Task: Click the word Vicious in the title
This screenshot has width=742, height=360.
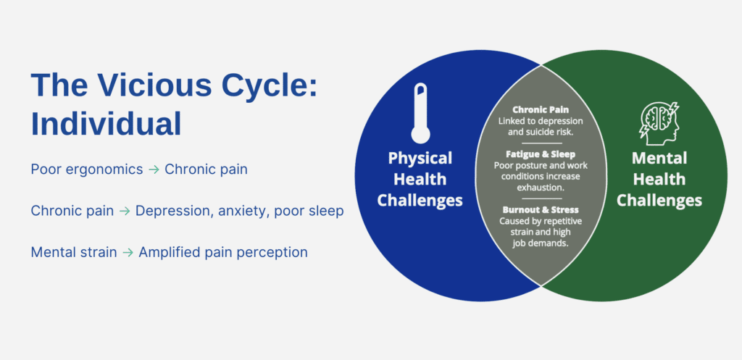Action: tap(146, 85)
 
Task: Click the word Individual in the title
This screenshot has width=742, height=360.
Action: tap(107, 124)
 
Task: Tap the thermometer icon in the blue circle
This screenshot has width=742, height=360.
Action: tap(420, 113)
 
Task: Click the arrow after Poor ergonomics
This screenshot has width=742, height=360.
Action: tap(154, 169)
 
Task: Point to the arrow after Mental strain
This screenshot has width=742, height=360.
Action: tap(128, 253)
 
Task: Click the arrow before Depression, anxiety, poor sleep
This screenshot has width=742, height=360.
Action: tap(125, 211)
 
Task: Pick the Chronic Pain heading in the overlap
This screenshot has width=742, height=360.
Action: tap(541, 110)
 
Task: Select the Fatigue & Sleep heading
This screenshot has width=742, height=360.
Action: tap(541, 154)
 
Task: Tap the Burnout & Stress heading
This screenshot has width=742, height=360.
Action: tap(541, 209)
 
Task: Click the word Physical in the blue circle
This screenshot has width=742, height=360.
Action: tap(420, 158)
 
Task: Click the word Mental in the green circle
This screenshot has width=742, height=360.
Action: tap(659, 158)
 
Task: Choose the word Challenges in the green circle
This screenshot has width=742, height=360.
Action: tap(659, 201)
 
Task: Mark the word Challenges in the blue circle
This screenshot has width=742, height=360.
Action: tap(420, 201)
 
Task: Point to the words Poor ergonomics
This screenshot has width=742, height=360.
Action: tap(87, 169)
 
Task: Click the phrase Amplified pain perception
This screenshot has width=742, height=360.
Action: tap(223, 253)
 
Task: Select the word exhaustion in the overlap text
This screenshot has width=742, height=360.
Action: tap(541, 188)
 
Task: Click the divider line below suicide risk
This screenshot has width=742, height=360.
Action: tap(541, 143)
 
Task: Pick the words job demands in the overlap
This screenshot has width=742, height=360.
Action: tap(541, 243)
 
